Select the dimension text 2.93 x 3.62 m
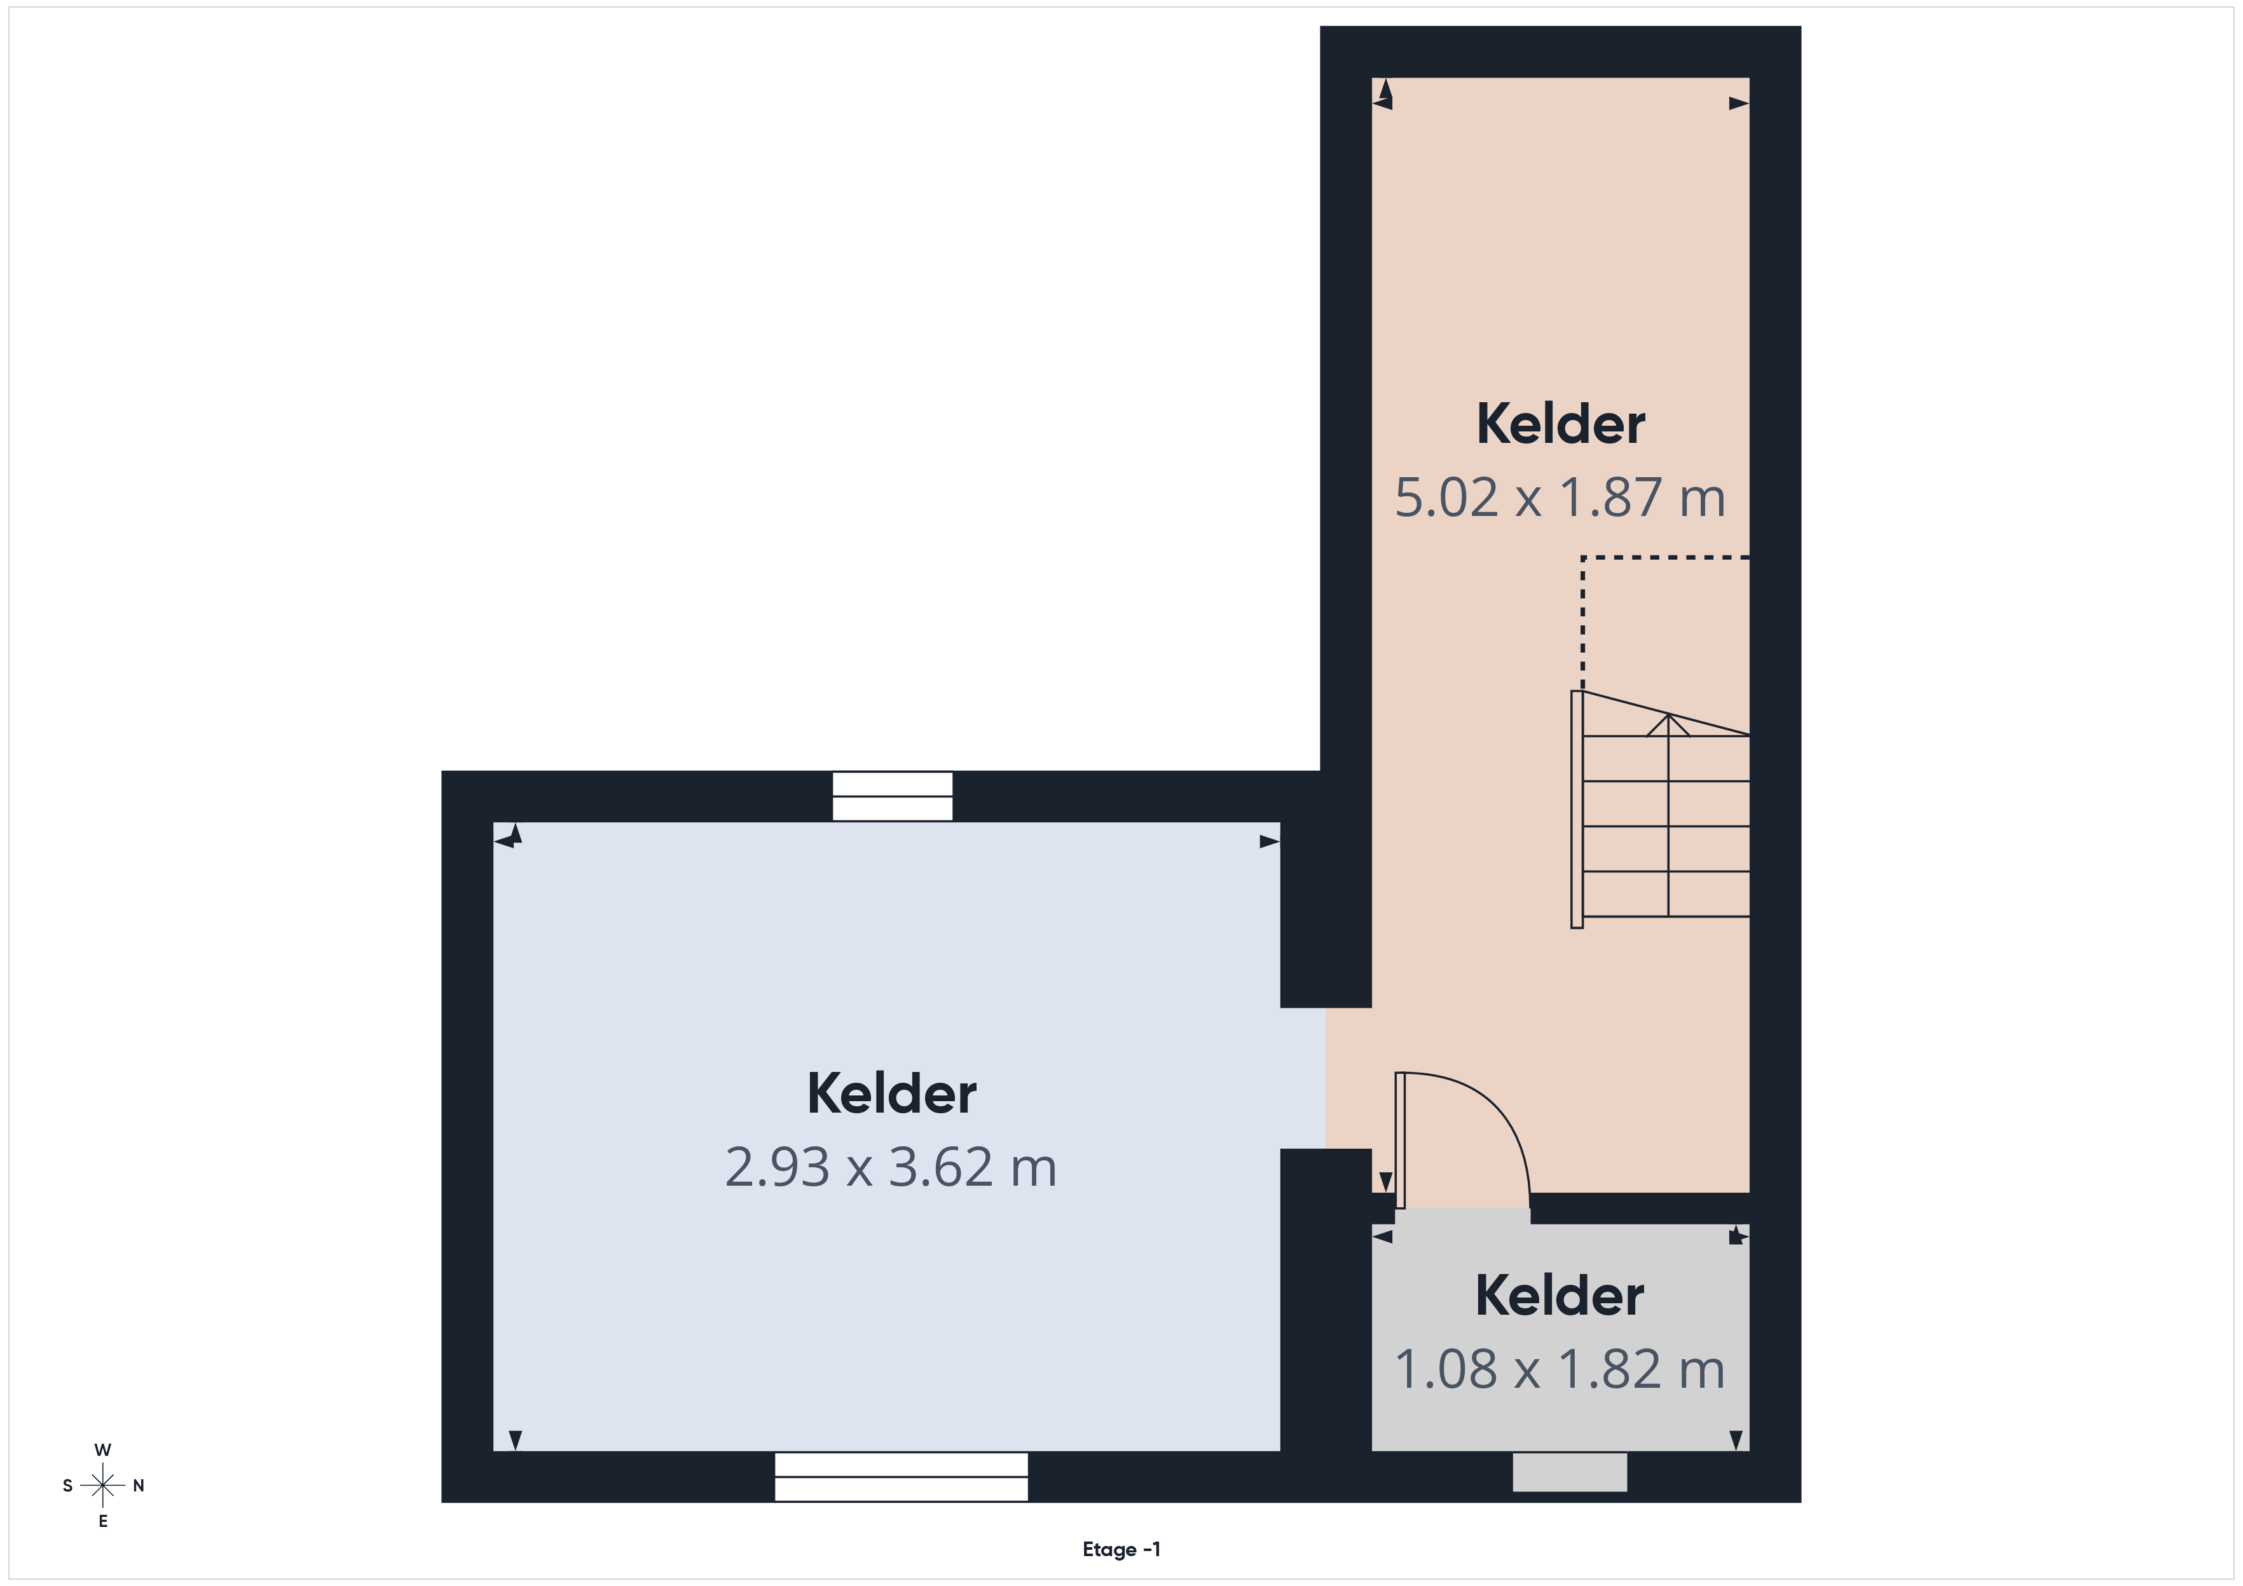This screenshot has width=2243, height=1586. pos(891,1167)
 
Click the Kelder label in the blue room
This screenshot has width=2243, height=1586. pos(891,1093)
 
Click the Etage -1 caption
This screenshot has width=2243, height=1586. pos(1121,1549)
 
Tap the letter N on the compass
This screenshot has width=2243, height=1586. pos(139,1486)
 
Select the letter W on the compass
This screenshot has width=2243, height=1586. pos(102,1449)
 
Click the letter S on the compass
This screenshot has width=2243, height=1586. pos(67,1486)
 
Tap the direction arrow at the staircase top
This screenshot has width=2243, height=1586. pos(1668,726)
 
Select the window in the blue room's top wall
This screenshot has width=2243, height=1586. pos(892,796)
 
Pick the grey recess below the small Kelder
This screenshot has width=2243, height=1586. pos(1570,1472)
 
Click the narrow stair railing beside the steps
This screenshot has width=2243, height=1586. pos(1577,810)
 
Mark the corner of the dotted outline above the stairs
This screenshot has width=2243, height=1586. pos(1582,558)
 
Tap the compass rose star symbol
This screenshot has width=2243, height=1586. pos(102,1486)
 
